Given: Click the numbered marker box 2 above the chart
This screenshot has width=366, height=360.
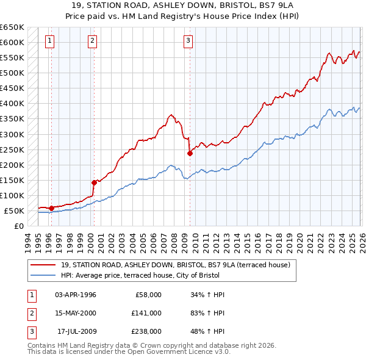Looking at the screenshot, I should pyautogui.click(x=92, y=41).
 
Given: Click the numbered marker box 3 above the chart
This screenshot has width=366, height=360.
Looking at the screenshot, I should pyautogui.click(x=188, y=41).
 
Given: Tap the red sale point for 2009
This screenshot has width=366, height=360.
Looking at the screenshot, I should pyautogui.click(x=190, y=153).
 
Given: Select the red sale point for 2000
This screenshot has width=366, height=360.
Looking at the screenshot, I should pyautogui.click(x=95, y=182).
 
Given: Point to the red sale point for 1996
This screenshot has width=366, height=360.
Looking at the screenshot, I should pyautogui.click(x=51, y=208).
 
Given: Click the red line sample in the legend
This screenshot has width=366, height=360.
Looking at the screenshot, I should pyautogui.click(x=44, y=265).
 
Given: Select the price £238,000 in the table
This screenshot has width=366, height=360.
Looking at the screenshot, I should pyautogui.click(x=146, y=331).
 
